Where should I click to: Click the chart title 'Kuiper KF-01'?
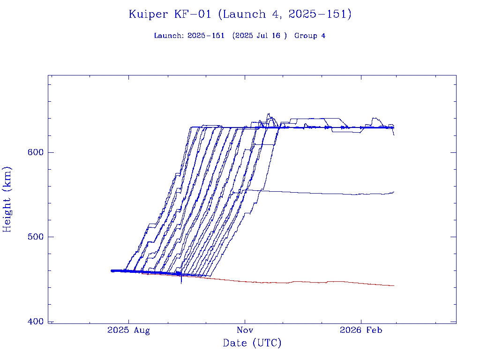171,14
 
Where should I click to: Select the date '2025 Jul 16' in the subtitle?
260,36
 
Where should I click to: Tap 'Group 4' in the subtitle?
309,36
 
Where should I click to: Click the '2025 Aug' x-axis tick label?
128,330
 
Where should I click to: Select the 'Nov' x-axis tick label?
245,330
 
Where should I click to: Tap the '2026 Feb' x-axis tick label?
361,330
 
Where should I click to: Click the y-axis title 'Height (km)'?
7,199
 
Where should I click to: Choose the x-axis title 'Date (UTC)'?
252,343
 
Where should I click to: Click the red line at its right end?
393,285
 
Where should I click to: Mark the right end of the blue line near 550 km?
393,192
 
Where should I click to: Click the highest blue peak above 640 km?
269,114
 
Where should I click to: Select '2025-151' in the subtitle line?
206,36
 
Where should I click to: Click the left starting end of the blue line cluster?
112,270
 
